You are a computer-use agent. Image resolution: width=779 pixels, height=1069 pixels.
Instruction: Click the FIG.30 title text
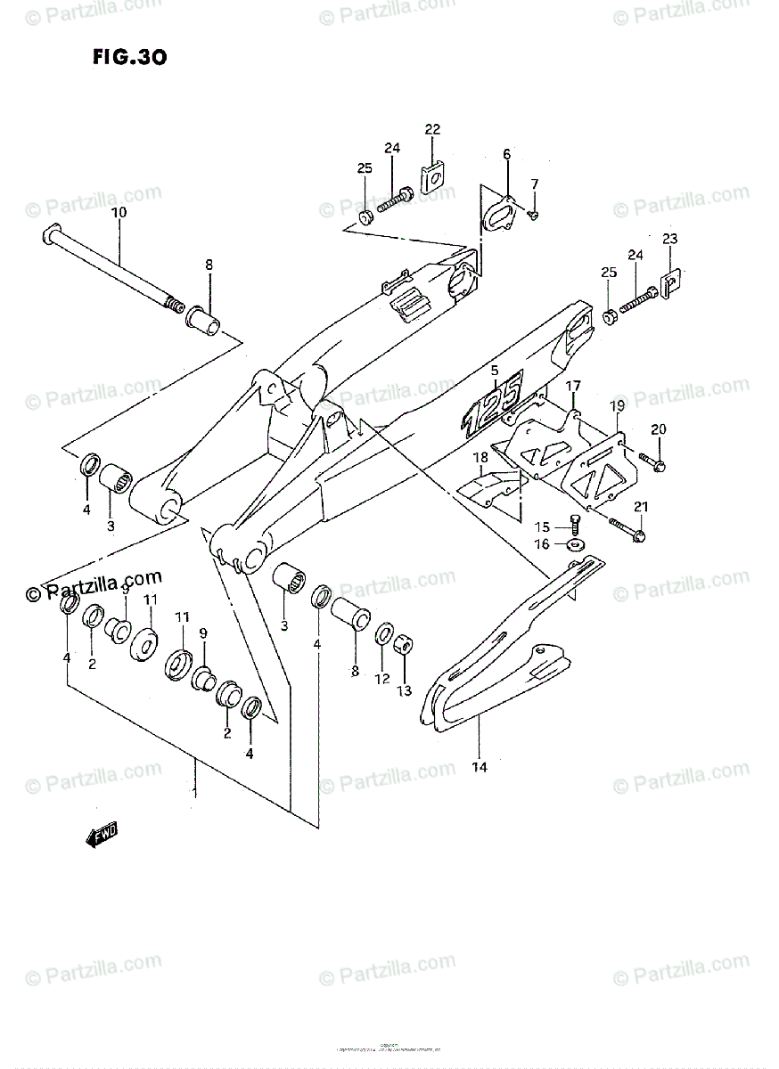[x=129, y=58]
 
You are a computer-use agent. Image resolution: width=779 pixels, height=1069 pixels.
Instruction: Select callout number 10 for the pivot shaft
[x=119, y=213]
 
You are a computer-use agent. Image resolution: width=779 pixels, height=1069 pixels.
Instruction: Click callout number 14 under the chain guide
[x=479, y=765]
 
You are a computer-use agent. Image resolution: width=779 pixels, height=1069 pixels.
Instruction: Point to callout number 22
[x=432, y=130]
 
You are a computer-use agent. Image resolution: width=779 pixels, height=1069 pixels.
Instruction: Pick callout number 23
[x=669, y=239]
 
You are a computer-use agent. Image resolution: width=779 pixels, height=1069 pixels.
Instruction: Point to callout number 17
[x=572, y=386]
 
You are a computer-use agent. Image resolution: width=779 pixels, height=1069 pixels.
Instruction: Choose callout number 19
[x=616, y=406]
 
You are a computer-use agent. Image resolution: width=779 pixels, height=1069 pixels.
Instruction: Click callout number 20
[x=659, y=430]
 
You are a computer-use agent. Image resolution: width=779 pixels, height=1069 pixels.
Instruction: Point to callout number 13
[x=405, y=690]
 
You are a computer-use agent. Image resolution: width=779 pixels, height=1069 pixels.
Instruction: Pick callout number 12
[x=382, y=679]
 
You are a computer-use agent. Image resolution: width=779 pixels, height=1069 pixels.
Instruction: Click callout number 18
[x=480, y=458]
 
